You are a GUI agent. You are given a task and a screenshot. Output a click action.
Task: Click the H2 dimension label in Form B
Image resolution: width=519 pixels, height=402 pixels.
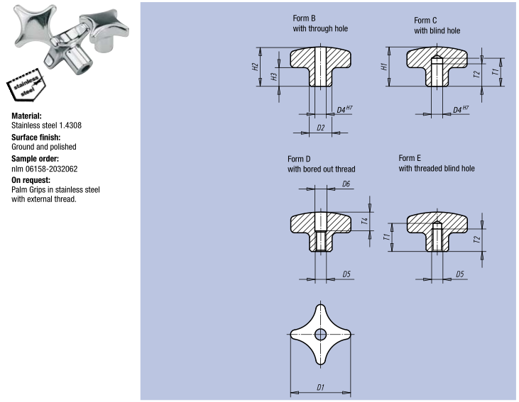[x=255, y=67]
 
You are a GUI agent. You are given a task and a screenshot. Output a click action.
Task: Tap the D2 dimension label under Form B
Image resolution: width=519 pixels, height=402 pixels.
[x=321, y=128]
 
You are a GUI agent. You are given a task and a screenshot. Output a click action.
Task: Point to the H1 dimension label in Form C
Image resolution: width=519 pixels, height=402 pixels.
[x=384, y=67]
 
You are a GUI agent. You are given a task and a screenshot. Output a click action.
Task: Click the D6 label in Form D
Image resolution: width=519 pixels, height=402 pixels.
[x=346, y=184]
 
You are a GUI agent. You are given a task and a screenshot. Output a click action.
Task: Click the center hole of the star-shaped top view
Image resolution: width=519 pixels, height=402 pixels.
[x=321, y=335]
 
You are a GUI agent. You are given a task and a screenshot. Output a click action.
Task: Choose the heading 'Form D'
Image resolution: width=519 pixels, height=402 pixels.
[x=299, y=160]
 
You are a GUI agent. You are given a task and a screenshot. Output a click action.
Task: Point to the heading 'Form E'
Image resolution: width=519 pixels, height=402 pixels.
[x=410, y=158]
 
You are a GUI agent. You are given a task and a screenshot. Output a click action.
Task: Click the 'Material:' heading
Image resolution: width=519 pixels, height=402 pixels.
[x=27, y=115]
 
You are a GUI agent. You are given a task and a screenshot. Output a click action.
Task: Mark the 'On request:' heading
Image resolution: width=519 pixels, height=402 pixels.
[x=31, y=179]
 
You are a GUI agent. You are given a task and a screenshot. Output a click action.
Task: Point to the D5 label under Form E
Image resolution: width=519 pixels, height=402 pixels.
[x=460, y=273]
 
